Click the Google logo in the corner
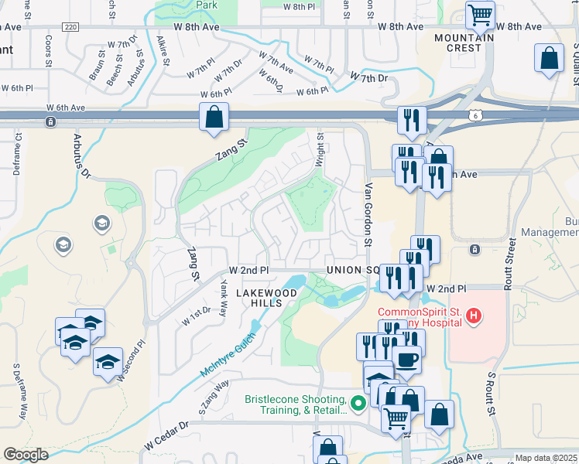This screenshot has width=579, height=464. (26, 455)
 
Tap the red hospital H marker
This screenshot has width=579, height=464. (475, 316)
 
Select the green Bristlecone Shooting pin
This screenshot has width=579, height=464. (357, 403)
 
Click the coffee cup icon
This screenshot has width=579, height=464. (406, 359)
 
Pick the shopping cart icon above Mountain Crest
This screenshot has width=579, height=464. (480, 14)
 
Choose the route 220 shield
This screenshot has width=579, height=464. (72, 26)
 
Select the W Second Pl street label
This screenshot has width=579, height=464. (130, 360)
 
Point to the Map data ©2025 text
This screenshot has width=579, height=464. (546, 458)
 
